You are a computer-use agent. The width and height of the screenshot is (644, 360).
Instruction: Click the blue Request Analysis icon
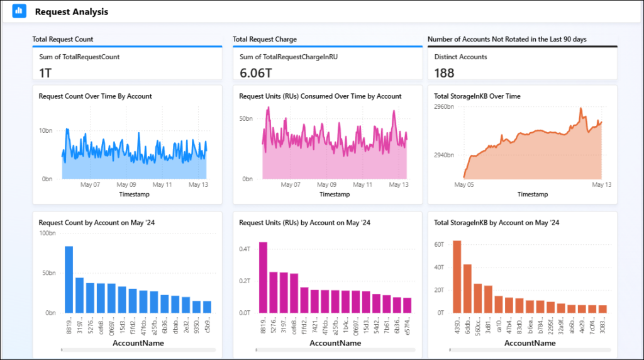19,11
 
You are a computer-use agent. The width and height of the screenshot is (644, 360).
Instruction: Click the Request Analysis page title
71,12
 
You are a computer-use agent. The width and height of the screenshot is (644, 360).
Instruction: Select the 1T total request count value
45,73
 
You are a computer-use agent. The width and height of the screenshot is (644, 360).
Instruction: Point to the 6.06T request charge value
255,73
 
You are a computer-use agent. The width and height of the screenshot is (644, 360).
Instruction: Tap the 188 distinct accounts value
444,73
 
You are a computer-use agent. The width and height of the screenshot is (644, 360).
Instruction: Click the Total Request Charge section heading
264,39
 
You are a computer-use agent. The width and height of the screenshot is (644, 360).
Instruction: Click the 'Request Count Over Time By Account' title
95,96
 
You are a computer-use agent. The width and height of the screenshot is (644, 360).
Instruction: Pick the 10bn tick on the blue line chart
45,131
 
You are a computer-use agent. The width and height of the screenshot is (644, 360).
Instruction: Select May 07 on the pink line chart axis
291,185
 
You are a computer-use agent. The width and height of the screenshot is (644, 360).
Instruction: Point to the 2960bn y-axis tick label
444,107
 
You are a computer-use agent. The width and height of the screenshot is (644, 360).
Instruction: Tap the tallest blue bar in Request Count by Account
69,279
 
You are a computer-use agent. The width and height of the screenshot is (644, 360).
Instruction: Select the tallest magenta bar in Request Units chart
263,277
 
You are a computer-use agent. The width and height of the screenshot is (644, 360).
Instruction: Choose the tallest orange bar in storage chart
457,276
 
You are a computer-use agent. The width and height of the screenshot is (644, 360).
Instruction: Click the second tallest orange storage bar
467,288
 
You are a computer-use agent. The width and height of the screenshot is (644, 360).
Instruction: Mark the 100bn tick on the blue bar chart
48,233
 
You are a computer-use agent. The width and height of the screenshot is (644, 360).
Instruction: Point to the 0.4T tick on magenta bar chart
245,249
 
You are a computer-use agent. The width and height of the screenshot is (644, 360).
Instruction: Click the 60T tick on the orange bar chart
438,244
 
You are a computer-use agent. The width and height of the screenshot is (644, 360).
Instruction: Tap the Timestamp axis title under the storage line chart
532,194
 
